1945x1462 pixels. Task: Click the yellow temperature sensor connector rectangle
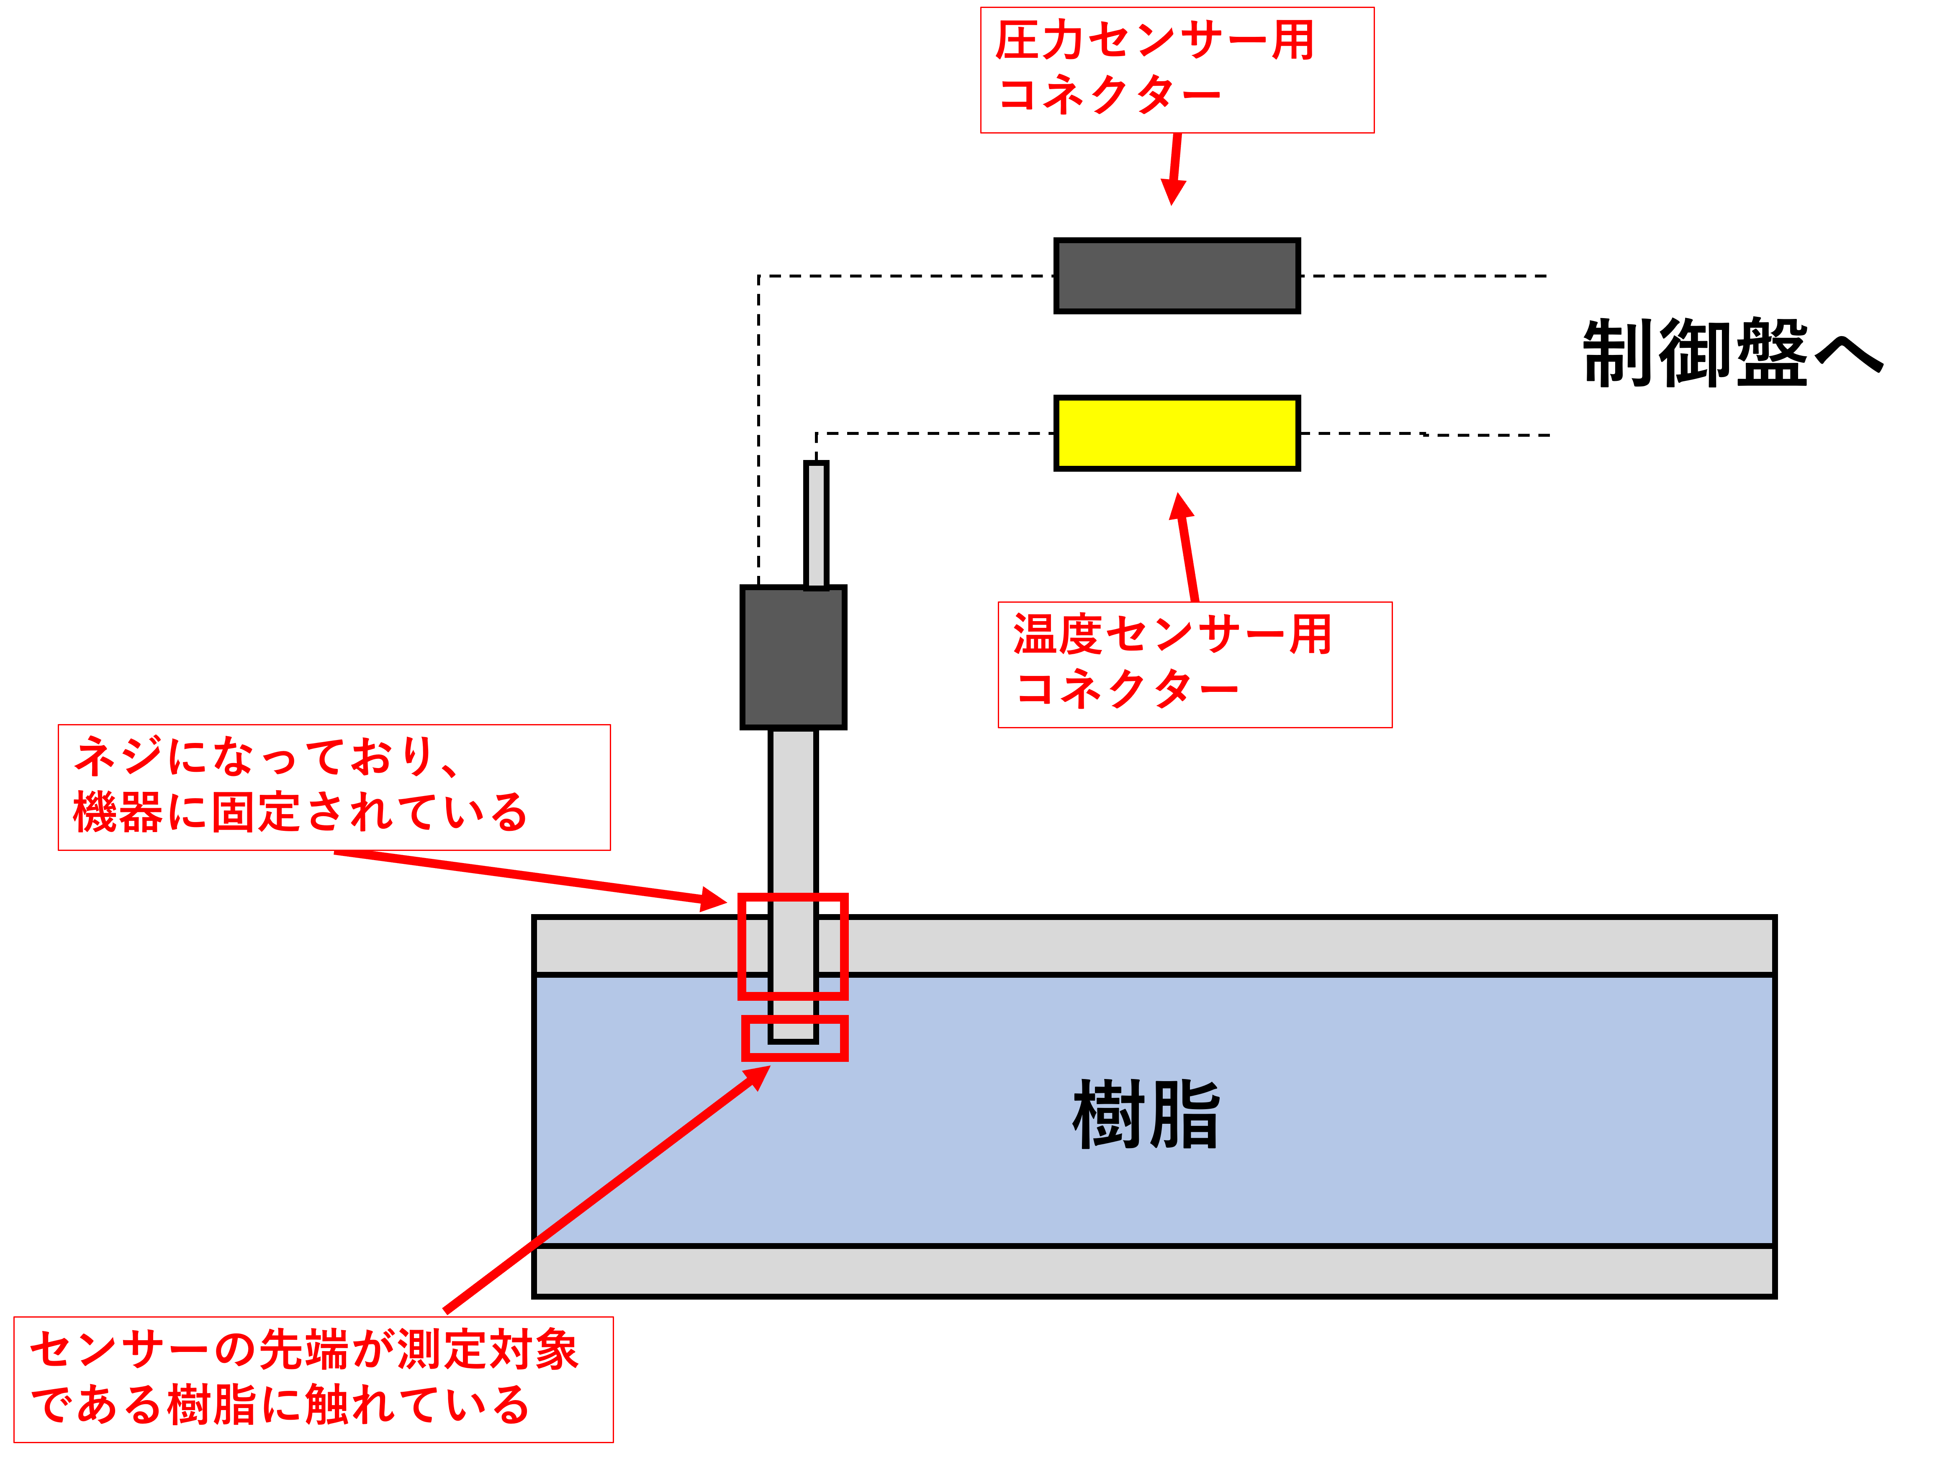click(1177, 432)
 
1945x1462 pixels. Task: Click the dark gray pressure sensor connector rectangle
click(1177, 275)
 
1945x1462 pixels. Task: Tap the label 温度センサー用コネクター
click(1194, 664)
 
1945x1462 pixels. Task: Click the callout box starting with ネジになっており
click(334, 787)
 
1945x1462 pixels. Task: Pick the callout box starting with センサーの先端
click(313, 1378)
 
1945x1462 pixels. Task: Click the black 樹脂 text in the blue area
click(1146, 1115)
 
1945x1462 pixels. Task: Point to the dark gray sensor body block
click(793, 657)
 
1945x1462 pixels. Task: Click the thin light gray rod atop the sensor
click(816, 525)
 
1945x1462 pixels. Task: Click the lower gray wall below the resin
click(1154, 1270)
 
